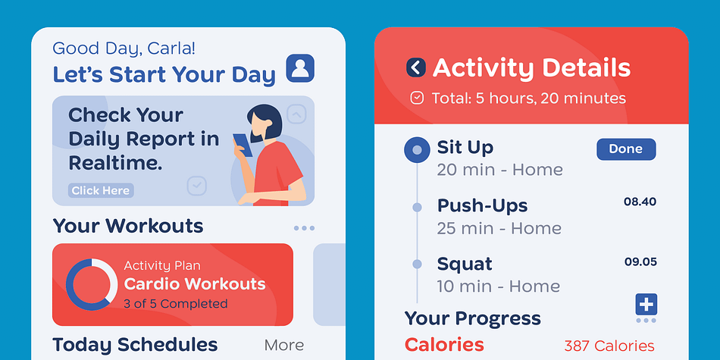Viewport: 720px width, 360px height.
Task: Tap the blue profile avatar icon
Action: coord(300,68)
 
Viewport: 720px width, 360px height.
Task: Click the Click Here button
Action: coord(101,190)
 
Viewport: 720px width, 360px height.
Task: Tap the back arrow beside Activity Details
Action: coord(416,67)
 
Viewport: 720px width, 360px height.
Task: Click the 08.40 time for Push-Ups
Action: coord(640,202)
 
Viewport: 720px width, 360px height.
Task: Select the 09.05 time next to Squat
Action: coord(640,262)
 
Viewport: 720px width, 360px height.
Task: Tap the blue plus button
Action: coord(646,305)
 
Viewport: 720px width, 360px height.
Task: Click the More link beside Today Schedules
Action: coord(284,346)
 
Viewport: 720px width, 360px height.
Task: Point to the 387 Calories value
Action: coord(609,346)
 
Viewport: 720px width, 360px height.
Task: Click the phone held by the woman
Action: coord(243,145)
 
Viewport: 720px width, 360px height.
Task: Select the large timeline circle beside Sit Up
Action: coord(417,150)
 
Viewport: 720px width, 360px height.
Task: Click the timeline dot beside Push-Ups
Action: coord(417,208)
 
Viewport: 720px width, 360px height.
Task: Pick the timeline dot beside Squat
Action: coord(417,264)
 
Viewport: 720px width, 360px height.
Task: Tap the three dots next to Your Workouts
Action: coord(304,228)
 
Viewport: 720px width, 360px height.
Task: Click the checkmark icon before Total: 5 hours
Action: coord(417,99)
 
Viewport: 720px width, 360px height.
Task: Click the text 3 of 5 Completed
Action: coord(176,304)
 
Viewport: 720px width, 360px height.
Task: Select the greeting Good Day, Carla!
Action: coord(124,49)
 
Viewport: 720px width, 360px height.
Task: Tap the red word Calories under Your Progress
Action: coord(444,345)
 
